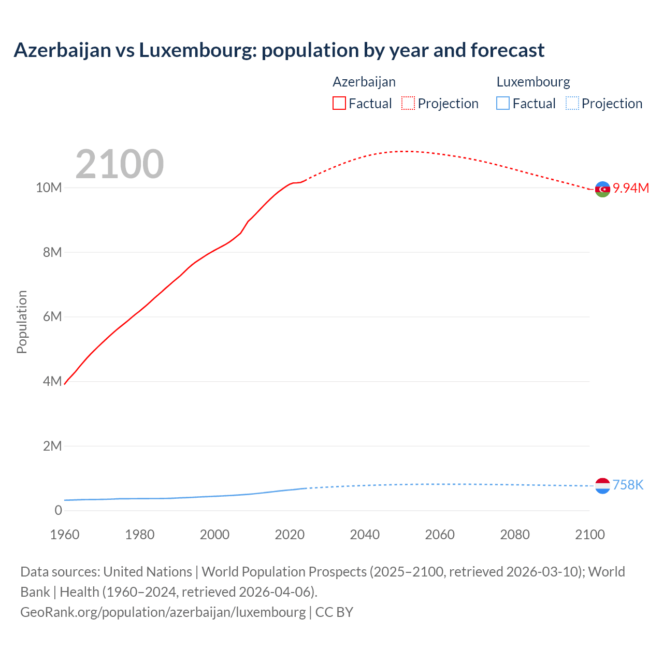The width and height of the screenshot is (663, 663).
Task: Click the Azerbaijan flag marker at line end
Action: (x=602, y=189)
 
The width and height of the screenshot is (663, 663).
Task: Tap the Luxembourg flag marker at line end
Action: (x=602, y=486)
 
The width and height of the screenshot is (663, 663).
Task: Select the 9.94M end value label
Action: (x=631, y=188)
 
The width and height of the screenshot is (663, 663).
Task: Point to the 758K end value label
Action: (x=628, y=485)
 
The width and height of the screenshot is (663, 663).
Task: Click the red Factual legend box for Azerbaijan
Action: (x=339, y=104)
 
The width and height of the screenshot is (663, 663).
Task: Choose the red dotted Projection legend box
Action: (x=408, y=104)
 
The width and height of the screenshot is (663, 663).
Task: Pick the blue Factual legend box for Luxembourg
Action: (x=503, y=104)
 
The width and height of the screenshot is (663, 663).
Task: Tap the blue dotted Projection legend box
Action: (x=572, y=104)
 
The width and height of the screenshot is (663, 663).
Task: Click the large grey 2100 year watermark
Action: (x=120, y=164)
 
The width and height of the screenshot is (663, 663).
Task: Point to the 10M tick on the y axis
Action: (x=49, y=188)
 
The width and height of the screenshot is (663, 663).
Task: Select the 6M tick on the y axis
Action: (x=52, y=316)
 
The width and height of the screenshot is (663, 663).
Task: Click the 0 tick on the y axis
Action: (x=58, y=510)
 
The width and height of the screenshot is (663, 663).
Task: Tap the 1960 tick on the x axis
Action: (x=65, y=535)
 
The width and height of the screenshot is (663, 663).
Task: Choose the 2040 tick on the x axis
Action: (x=365, y=535)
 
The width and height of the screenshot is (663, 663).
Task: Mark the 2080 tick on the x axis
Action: (x=515, y=535)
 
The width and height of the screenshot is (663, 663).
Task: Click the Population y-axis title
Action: (x=22, y=322)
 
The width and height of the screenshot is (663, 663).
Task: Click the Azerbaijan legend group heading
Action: (x=364, y=82)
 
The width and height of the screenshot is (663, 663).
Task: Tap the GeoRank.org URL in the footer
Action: (x=163, y=612)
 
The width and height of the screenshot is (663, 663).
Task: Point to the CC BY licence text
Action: (x=334, y=612)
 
